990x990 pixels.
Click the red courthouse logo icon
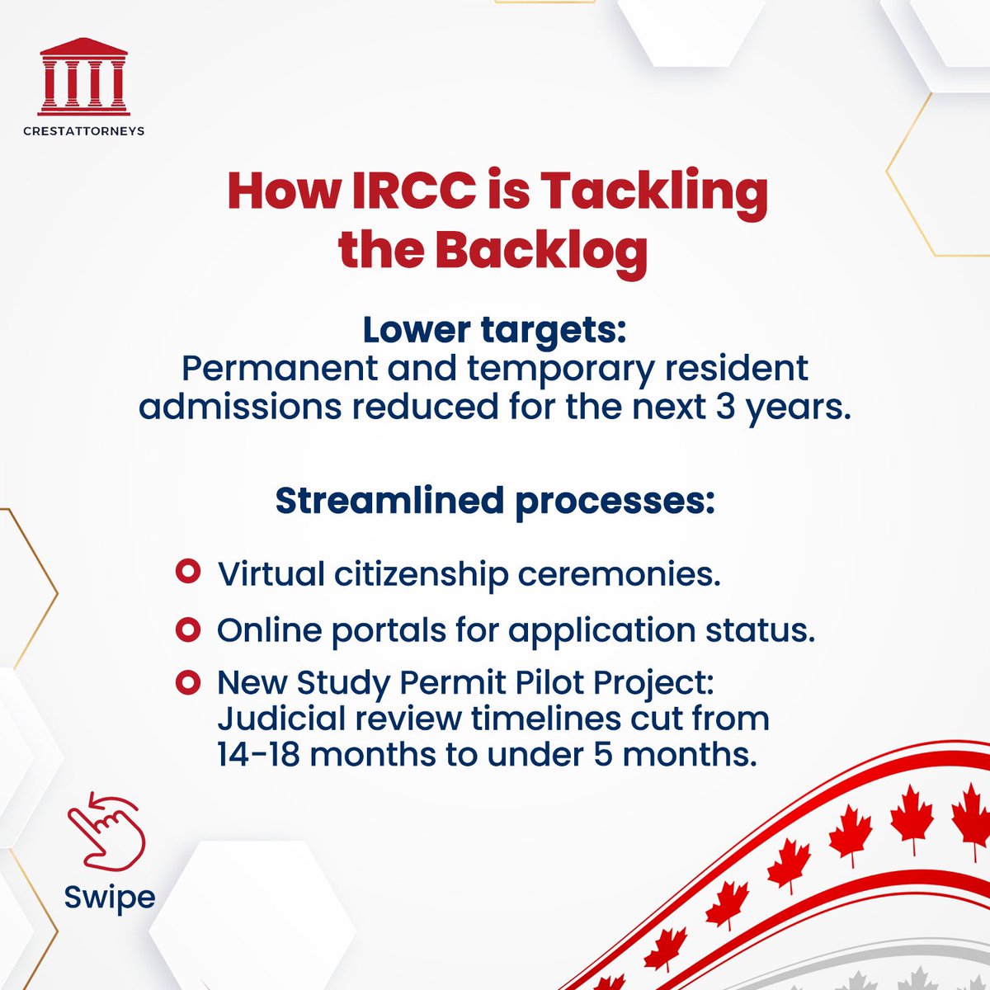point(83,77)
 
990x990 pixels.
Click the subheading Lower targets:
point(495,330)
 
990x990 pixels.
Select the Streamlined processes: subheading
point(495,500)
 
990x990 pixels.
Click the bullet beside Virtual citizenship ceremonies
point(189,572)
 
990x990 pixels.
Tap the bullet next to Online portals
point(189,630)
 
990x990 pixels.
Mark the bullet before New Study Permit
point(189,683)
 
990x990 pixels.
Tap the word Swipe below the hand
point(110,898)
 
